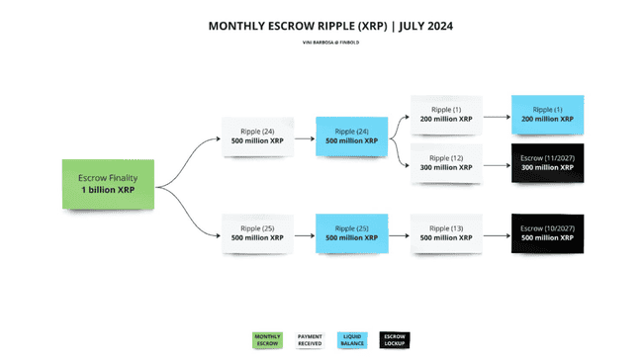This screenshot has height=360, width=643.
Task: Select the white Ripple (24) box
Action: [x=257, y=135]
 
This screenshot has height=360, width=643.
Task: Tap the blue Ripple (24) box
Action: [x=351, y=135]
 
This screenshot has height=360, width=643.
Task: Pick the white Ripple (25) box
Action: [x=257, y=232]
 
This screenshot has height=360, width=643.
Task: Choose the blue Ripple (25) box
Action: [x=351, y=232]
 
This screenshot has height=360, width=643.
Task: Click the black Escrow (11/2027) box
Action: [x=545, y=162]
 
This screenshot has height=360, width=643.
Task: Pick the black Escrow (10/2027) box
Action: [x=545, y=232]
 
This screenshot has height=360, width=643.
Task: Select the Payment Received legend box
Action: [x=310, y=340]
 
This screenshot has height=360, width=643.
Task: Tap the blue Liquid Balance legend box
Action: [x=352, y=340]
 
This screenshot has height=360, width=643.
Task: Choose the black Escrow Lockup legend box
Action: [x=394, y=340]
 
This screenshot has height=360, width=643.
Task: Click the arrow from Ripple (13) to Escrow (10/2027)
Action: [x=496, y=233]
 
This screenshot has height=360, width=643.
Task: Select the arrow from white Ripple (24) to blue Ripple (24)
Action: [x=303, y=136]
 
